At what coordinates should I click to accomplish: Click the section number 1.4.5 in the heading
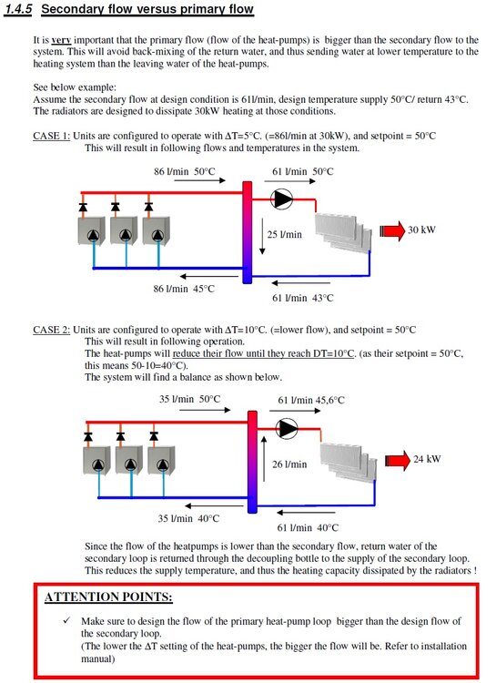[x=18, y=9]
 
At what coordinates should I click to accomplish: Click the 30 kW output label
[x=421, y=229]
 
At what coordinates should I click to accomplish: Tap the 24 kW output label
[x=427, y=459]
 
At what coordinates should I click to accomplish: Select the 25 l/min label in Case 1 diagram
[x=284, y=234]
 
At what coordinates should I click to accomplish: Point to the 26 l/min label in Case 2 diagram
[x=289, y=464]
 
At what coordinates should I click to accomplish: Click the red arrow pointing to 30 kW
[x=392, y=230]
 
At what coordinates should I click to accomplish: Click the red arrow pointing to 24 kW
[x=398, y=461]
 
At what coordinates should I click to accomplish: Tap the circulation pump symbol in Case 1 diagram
[x=281, y=199]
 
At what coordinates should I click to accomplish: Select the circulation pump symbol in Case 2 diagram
[x=287, y=428]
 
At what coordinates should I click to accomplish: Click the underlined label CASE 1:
[x=51, y=136]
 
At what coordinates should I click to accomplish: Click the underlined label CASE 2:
[x=51, y=330]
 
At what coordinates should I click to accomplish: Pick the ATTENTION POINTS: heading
[x=108, y=596]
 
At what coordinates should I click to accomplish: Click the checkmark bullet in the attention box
[x=66, y=620]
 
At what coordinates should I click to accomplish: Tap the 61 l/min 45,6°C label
[x=311, y=400]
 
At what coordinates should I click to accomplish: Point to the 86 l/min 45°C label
[x=184, y=289]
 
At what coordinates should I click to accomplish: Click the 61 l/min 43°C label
[x=303, y=298]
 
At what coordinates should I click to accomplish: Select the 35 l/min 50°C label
[x=189, y=399]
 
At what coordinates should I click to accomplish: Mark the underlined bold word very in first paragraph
[x=61, y=40]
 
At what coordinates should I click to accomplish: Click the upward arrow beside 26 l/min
[x=263, y=458]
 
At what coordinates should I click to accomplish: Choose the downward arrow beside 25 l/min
[x=262, y=236]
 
